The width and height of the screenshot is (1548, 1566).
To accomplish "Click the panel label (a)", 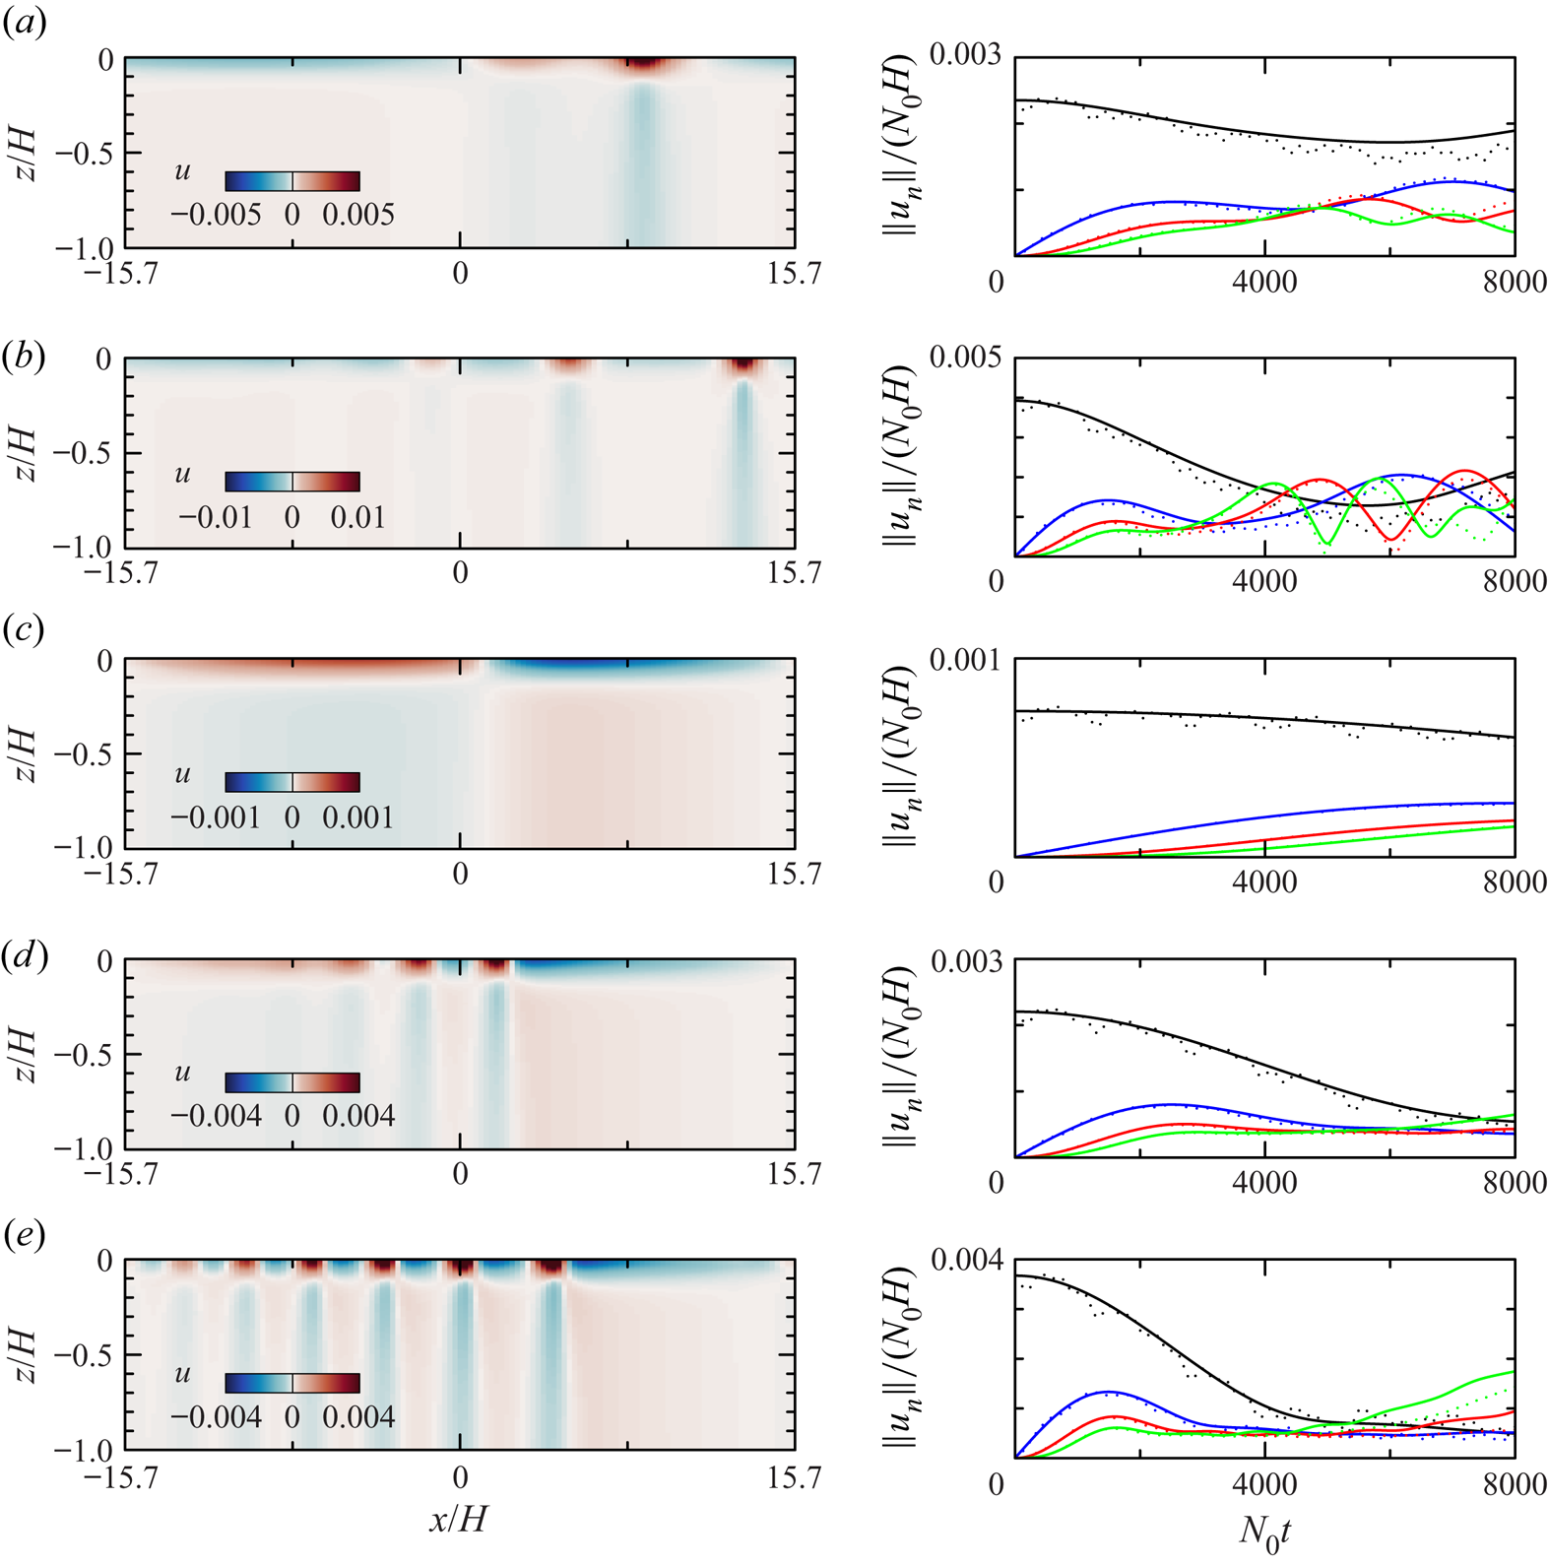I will (x=24, y=24).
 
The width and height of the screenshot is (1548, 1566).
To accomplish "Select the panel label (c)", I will (x=24, y=628).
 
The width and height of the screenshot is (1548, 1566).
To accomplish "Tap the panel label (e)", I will (x=24, y=1235).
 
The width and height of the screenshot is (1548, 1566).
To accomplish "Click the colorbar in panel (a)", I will (x=292, y=181).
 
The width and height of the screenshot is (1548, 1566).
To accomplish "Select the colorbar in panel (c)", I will (x=292, y=782).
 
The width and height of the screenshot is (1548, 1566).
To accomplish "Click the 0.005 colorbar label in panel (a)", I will (x=358, y=216).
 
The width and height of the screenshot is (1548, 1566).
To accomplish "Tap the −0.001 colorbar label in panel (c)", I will (x=216, y=818).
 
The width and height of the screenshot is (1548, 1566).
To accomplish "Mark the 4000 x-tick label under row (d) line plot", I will (x=1264, y=1181).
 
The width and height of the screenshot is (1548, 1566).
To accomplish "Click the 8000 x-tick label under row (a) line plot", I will (x=1515, y=282).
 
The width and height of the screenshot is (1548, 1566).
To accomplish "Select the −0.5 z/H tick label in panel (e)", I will (x=83, y=1355).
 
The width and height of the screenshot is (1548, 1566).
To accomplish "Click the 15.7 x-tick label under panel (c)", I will (x=794, y=875).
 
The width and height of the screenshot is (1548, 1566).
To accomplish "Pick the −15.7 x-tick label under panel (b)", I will (x=122, y=573).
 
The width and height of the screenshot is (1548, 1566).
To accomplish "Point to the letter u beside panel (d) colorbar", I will (x=182, y=1073).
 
